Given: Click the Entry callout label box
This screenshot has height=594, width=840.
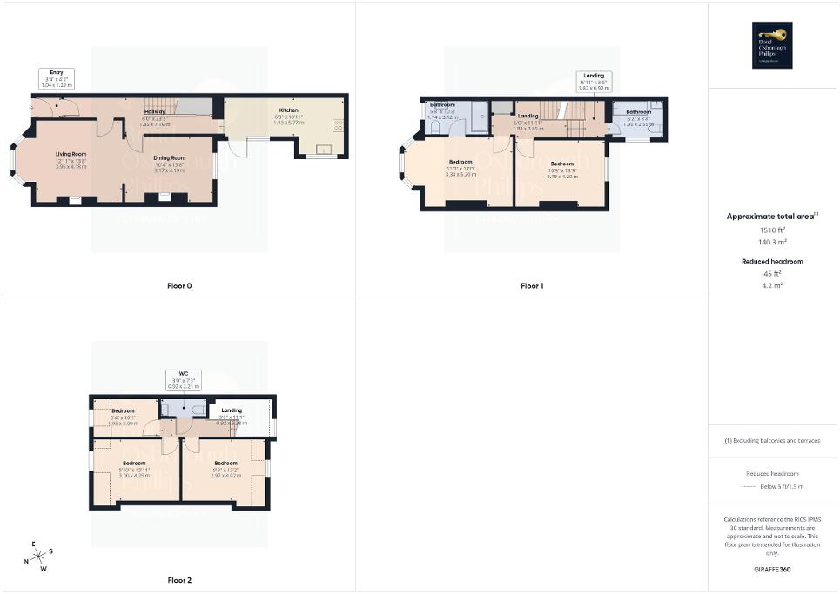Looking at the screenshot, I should tap(57, 79).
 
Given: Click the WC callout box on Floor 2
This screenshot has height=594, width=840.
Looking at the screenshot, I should tap(184, 379).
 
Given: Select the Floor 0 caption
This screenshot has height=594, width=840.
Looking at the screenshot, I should tap(178, 285).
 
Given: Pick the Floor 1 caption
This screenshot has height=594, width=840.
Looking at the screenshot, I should tap(532, 285).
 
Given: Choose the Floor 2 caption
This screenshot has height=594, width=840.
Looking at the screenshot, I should tap(178, 579).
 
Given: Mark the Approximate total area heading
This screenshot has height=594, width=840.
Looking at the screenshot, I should tap(771, 216).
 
